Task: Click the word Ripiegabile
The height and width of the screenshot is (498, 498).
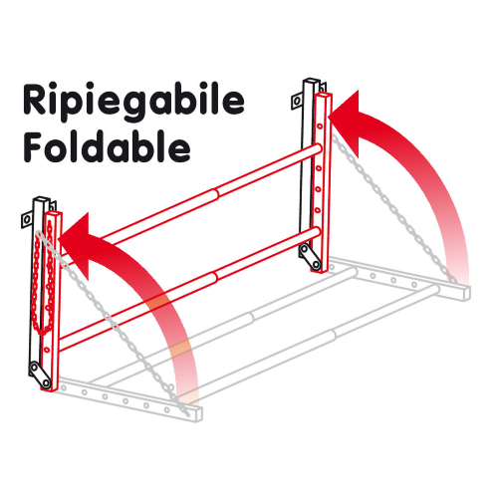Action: (x=133, y=102)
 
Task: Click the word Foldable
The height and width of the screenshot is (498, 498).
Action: (x=107, y=146)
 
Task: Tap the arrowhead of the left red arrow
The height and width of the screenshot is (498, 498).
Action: (x=78, y=244)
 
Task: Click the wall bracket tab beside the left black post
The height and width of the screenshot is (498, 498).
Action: (x=26, y=219)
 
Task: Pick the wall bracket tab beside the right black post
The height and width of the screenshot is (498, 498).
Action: (x=297, y=101)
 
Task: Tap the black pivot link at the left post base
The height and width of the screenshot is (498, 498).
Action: (x=40, y=375)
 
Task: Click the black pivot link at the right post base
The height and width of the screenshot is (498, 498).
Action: (x=311, y=257)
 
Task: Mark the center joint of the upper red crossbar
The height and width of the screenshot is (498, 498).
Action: (x=216, y=193)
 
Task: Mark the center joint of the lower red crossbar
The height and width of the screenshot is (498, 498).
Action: (x=214, y=276)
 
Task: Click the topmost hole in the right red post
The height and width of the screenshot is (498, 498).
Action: (x=320, y=126)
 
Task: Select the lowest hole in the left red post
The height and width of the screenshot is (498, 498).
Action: (x=47, y=350)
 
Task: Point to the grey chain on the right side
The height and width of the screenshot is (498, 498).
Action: (x=393, y=207)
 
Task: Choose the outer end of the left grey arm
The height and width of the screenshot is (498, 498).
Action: (x=196, y=413)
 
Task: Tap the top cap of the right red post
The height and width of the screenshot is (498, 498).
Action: (x=324, y=96)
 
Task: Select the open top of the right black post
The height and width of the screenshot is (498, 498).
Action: (x=311, y=81)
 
